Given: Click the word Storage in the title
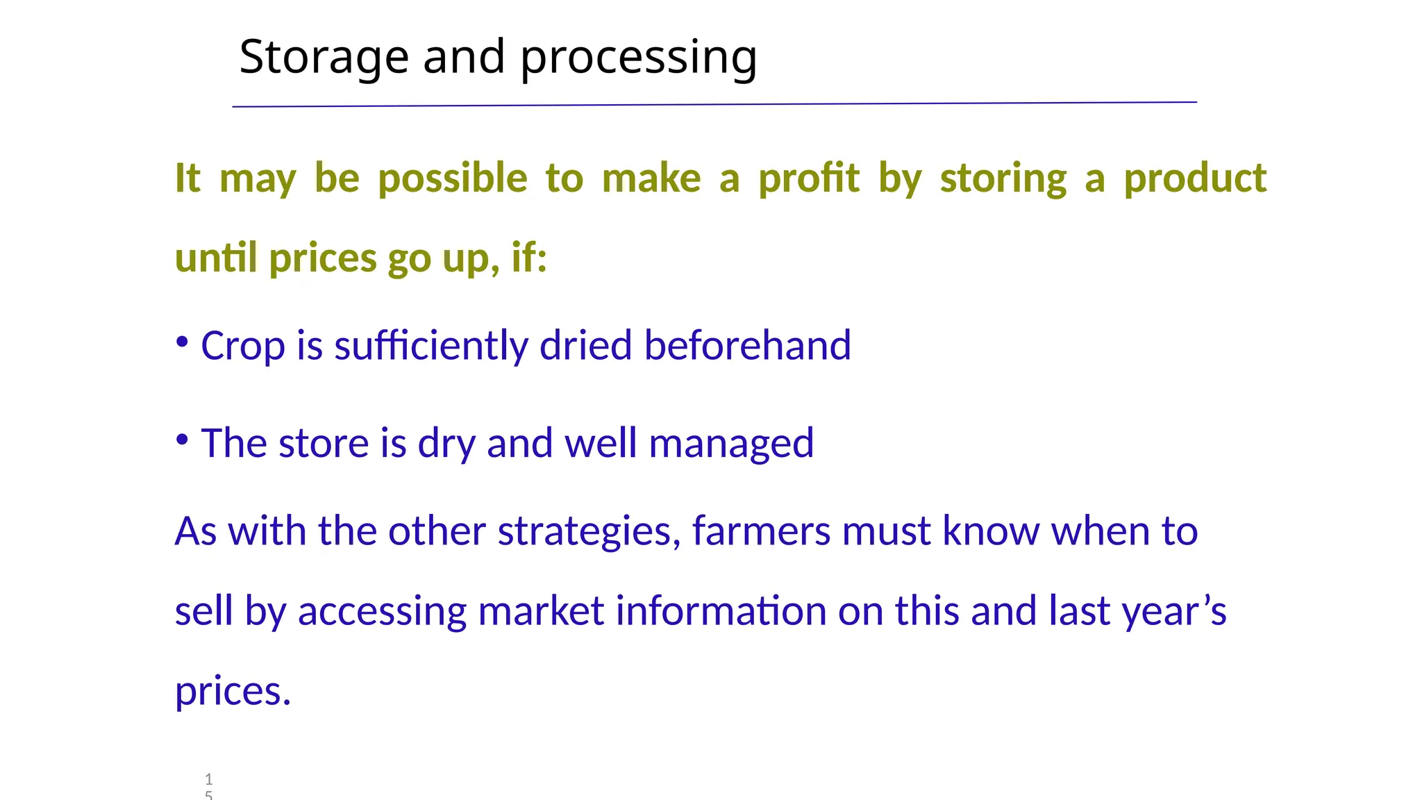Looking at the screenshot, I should (x=323, y=58).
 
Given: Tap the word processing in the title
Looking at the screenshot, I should (x=638, y=58).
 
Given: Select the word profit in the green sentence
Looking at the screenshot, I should (x=808, y=179).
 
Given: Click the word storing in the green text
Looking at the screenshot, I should (x=1003, y=179).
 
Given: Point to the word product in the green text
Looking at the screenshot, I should (x=1195, y=179).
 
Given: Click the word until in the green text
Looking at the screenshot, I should (x=216, y=258).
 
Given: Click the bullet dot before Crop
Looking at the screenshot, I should (x=182, y=342).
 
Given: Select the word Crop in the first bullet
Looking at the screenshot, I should (x=242, y=347).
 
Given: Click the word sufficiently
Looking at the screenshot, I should (x=430, y=347).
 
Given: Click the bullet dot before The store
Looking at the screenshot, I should (x=182, y=440).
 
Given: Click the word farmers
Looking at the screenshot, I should (x=761, y=532).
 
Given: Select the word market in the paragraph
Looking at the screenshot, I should (x=541, y=612).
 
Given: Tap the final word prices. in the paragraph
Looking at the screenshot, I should (x=233, y=692).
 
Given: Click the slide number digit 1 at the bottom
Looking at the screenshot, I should (x=209, y=779).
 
